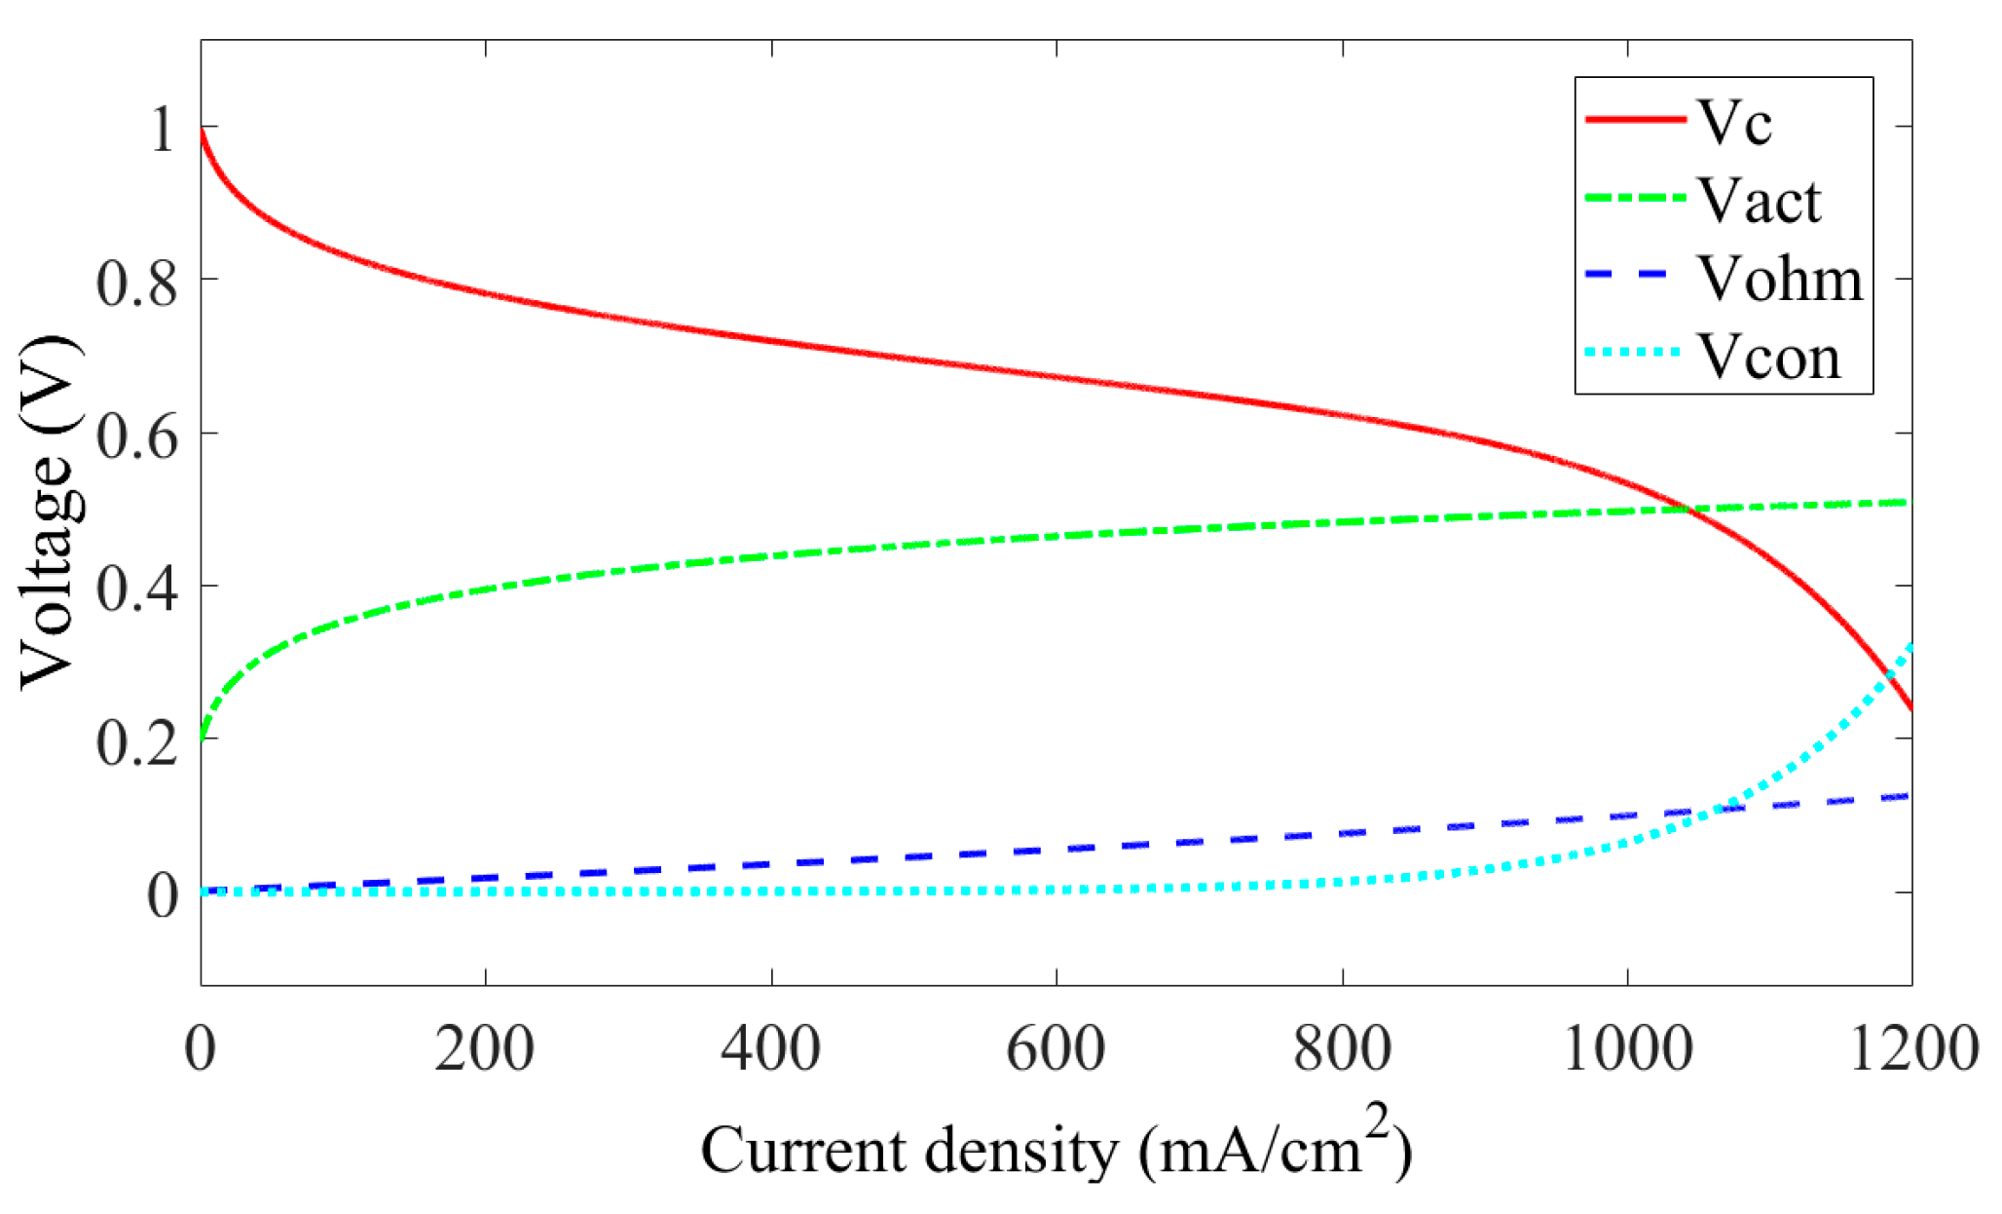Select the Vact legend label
[x=1760, y=201]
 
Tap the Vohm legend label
[x=1780, y=279]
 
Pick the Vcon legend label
[x=1769, y=357]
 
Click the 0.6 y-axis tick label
[x=137, y=436]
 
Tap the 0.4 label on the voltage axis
[x=137, y=589]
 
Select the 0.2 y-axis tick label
[x=137, y=742]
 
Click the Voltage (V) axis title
[x=49, y=512]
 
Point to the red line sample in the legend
[x=1636, y=119]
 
